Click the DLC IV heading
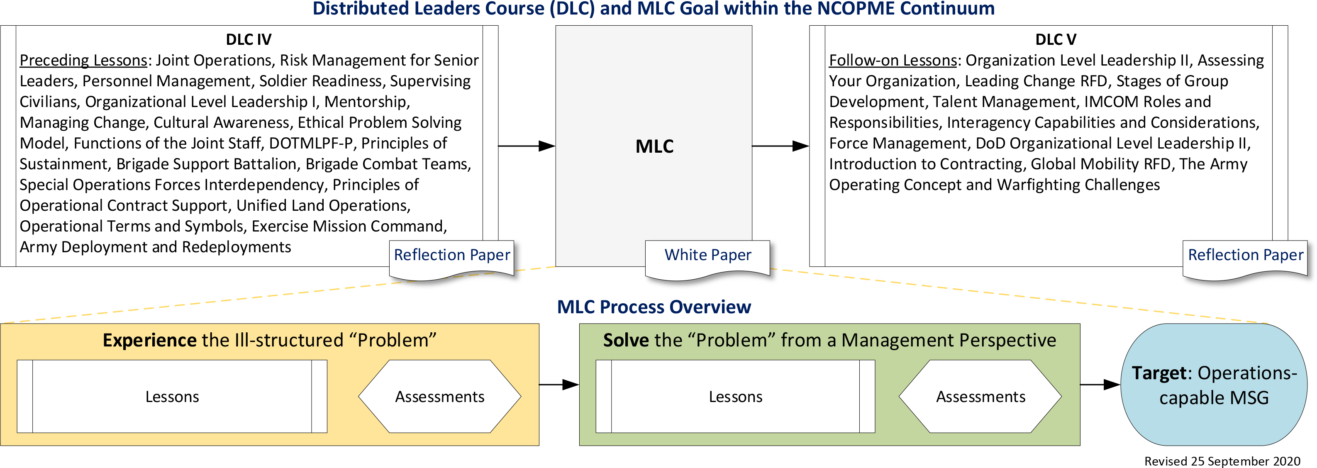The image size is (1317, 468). pos(249,39)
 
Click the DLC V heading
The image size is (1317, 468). pos(1055,39)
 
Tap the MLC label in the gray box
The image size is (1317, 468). pos(654,146)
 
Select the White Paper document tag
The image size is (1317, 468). pos(707,255)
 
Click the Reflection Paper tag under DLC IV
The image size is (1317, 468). pos(451,255)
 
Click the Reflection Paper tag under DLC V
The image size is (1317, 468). pos(1246,255)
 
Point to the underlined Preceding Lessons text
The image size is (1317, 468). pos(83,60)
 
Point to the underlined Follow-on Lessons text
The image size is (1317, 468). pos(893,60)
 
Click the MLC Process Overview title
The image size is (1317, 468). pos(654,307)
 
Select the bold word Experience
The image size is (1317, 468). pos(149,340)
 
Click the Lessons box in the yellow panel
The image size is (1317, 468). pos(172,396)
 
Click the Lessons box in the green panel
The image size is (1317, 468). pos(735,396)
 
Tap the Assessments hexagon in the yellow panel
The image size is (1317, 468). pos(440,396)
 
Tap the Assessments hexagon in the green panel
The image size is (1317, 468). pos(980,396)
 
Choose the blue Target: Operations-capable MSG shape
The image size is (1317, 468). pos(1214,385)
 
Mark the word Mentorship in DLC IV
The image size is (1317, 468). pos(366,102)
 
